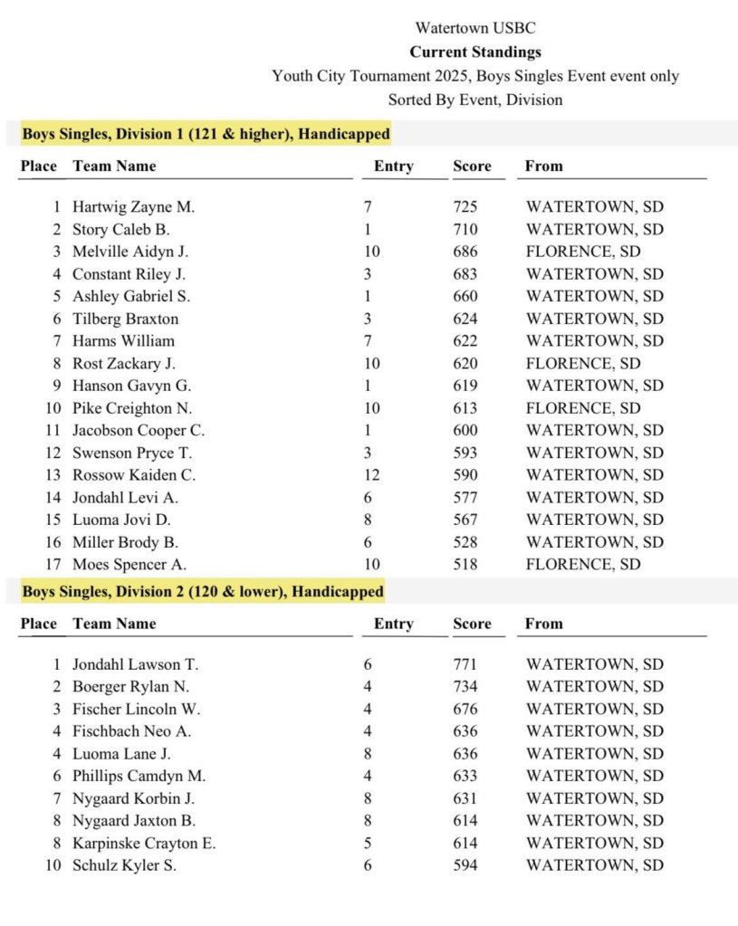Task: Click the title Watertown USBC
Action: tap(475, 29)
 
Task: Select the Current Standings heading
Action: tap(475, 53)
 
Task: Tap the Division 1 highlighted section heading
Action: tap(206, 134)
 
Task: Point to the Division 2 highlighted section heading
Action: tap(202, 591)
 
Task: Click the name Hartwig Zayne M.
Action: tap(133, 207)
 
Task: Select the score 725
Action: tap(465, 207)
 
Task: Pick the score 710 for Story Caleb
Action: tap(465, 229)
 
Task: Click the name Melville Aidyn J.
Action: tap(130, 252)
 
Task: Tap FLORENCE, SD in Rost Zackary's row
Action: tap(583, 363)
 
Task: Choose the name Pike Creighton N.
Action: tap(132, 408)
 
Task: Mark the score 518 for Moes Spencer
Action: tap(465, 564)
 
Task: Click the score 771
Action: tap(465, 664)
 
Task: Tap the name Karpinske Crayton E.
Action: tap(144, 843)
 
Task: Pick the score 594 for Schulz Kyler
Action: tap(465, 865)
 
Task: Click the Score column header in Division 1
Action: tap(472, 167)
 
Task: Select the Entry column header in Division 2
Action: tap(393, 624)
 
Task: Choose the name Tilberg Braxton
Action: tap(126, 319)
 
